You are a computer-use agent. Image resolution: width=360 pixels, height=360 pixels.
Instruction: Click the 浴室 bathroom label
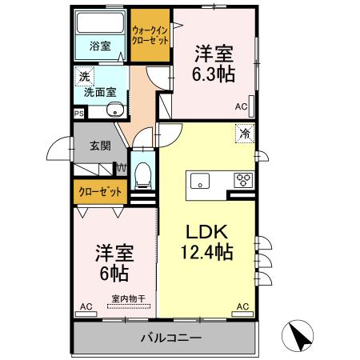coord(100,46)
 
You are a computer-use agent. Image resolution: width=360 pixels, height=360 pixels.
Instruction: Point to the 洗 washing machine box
coord(84,78)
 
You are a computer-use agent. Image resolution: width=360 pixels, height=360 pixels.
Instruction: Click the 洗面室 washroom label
coord(100,92)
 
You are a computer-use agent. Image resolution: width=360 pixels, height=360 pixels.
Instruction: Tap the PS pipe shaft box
coord(78,114)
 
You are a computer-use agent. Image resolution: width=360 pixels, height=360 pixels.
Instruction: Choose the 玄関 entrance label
coord(100,146)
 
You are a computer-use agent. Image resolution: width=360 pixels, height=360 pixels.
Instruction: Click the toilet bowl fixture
coord(144,173)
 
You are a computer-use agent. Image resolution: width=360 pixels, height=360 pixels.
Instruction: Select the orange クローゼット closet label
coord(100,192)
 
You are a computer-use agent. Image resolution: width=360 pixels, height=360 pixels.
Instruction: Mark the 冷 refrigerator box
coord(244,134)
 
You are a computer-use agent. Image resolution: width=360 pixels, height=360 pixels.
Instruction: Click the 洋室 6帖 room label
coord(113,262)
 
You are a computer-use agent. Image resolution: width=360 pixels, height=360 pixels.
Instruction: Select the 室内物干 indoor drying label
coord(128,299)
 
